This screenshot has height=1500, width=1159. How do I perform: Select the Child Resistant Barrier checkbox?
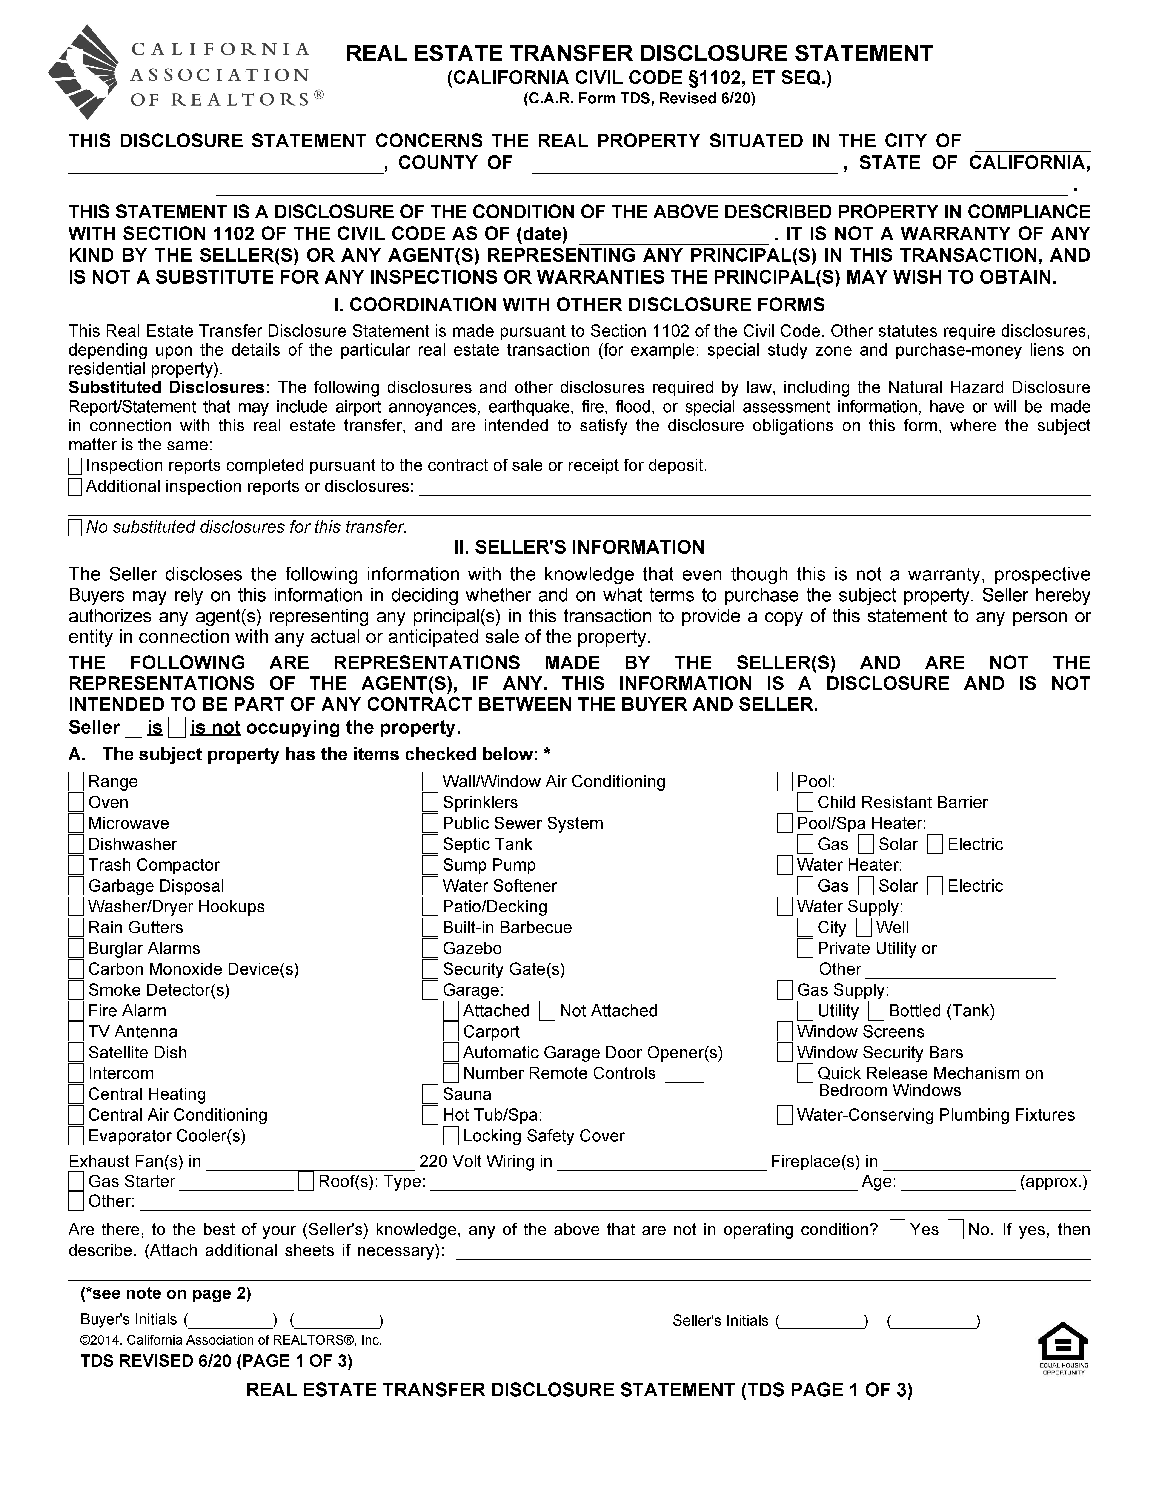tap(805, 802)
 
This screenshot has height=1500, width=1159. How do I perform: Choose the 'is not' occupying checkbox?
tap(177, 727)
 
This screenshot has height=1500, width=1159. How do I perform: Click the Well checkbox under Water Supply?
tap(864, 927)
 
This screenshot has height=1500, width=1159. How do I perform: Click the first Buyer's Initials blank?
tap(229, 1320)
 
